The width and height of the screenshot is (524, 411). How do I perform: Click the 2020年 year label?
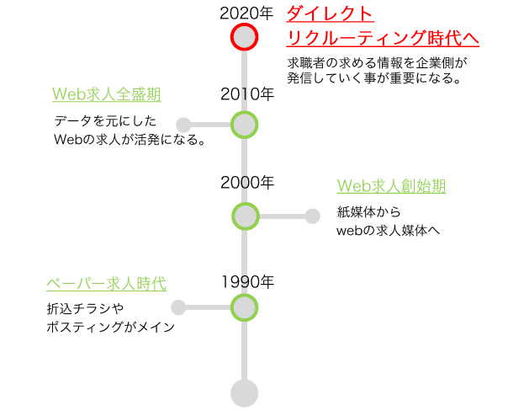pos(246,13)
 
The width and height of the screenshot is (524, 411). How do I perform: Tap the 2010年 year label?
pos(247,94)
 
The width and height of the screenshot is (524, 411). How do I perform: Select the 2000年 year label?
pos(247,183)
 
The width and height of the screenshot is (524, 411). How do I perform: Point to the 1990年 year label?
pos(247,282)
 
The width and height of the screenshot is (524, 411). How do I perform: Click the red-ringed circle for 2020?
pos(244,37)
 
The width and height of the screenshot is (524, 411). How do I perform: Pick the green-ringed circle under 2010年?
pos(244,125)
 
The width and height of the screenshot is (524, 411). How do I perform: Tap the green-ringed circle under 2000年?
pos(246,216)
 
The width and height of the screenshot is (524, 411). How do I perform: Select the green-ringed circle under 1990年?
pos(244,307)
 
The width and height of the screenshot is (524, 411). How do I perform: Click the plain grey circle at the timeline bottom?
pos(244,393)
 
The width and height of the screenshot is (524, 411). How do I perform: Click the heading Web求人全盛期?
pos(107,94)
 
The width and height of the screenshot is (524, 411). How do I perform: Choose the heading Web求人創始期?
pos(391,186)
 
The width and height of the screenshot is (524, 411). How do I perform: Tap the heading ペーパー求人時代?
pos(106,284)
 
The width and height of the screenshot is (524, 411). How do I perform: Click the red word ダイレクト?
pos(330,14)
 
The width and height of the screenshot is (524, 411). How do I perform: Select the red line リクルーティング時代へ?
pos(383,38)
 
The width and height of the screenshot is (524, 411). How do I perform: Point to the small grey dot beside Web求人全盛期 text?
pos(183,125)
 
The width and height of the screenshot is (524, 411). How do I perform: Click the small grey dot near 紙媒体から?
pos(313,216)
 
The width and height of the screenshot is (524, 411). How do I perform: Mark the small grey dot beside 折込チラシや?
pos(178,307)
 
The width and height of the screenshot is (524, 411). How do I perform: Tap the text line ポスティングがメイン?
pos(111,327)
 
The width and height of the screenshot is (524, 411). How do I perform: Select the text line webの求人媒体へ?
pos(388,231)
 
